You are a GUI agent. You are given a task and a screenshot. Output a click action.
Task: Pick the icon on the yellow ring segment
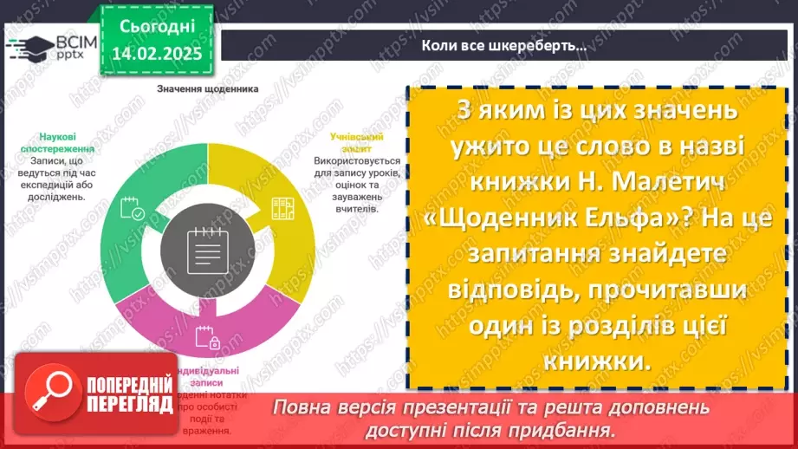[282, 208]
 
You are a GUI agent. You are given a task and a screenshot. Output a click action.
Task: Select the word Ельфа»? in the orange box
[663, 219]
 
